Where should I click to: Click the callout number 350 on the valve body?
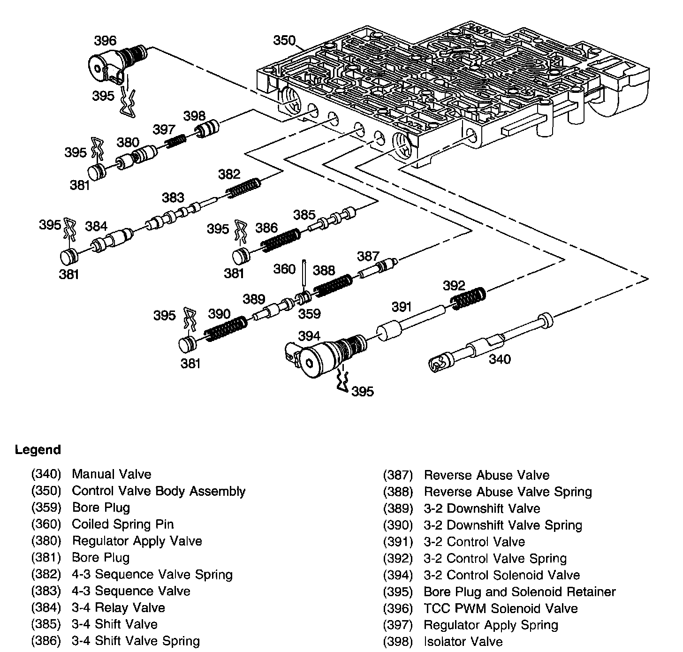285,40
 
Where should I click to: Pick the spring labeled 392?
468,297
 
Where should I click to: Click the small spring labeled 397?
175,140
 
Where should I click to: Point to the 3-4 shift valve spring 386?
281,240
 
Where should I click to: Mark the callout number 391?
401,307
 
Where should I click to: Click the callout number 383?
173,197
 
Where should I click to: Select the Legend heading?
38,450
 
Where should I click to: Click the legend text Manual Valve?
112,474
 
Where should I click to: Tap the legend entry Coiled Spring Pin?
123,524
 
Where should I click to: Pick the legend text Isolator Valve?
463,642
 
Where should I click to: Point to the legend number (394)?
398,575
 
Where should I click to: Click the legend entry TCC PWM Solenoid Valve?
501,609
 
